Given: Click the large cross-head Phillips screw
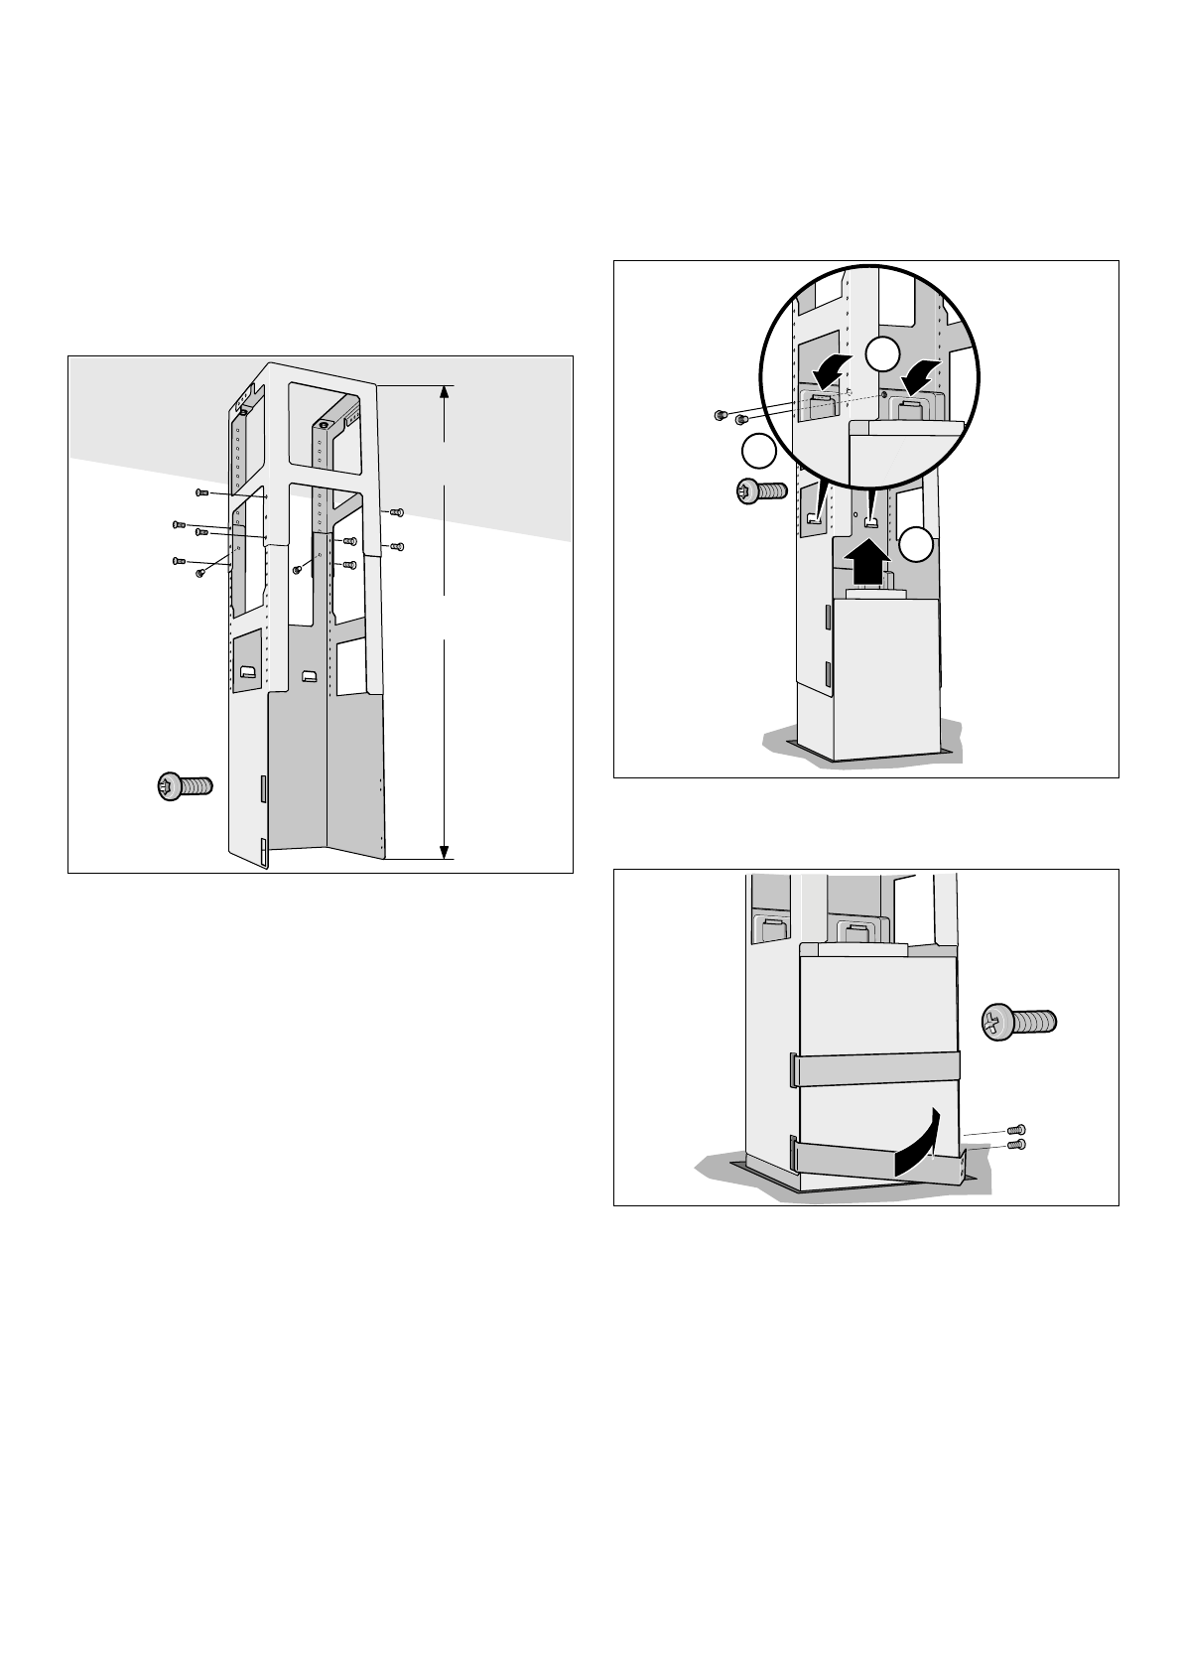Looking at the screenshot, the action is (1019, 1022).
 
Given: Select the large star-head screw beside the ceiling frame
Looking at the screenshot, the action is (186, 787).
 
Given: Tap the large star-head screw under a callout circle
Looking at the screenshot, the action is (760, 491).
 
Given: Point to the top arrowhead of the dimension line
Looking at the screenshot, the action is (445, 391).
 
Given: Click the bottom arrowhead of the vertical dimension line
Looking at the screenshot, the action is (445, 850).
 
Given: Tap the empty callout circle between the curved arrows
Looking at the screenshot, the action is (880, 354).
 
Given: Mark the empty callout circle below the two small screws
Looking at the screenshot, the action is (758, 452).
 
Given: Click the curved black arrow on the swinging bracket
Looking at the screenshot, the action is (919, 1147).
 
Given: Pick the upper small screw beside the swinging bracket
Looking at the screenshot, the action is (1015, 1130).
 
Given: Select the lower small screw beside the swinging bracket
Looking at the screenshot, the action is (1015, 1145).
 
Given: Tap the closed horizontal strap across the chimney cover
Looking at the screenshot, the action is (875, 1068).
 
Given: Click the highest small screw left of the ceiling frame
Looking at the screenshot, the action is (201, 491).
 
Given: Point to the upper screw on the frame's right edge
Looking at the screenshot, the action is (395, 512).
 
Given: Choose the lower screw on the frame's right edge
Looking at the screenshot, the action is (395, 546).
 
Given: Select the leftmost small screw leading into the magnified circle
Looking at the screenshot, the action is (722, 415).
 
